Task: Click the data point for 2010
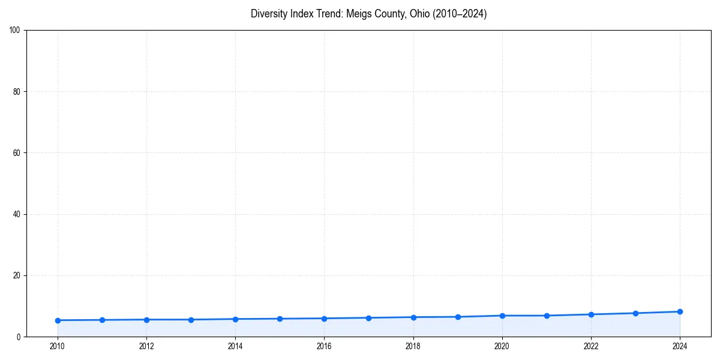pos(58,320)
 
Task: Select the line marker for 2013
pos(191,320)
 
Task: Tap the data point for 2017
pos(368,318)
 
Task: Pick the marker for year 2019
pos(458,317)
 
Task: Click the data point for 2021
pos(547,316)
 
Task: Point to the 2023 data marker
pos(635,313)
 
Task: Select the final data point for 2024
pos(680,311)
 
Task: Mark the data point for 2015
pos(280,319)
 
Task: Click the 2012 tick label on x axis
pos(146,346)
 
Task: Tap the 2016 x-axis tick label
pos(324,346)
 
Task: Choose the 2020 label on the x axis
pos(502,346)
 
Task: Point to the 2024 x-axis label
pos(680,346)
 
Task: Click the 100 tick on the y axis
pos(15,31)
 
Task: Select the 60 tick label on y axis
pos(17,153)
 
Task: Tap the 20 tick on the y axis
pos(17,275)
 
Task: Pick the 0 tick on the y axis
pos(19,337)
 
